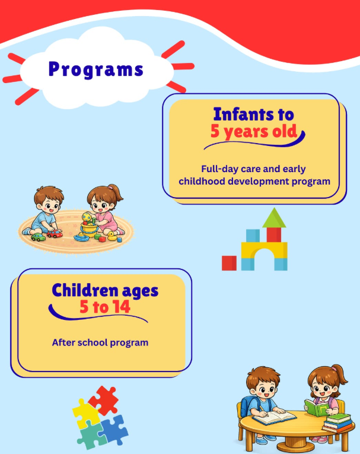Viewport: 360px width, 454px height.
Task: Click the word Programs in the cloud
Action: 96,69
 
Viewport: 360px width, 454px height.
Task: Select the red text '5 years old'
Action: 254,132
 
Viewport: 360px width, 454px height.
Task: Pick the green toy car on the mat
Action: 38,237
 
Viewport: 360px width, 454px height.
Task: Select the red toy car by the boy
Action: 55,234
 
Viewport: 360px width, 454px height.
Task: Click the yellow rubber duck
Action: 112,236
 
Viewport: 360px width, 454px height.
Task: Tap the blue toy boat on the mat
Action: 81,237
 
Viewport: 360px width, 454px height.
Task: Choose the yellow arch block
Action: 264,250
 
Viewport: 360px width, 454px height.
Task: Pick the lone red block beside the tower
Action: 229,263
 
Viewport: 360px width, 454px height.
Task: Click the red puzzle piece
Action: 104,400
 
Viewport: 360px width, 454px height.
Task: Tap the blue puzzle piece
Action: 114,429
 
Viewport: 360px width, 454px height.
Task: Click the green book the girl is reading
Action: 316,408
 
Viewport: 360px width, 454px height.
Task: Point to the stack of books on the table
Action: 337,423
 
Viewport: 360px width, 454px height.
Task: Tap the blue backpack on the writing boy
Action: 246,405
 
